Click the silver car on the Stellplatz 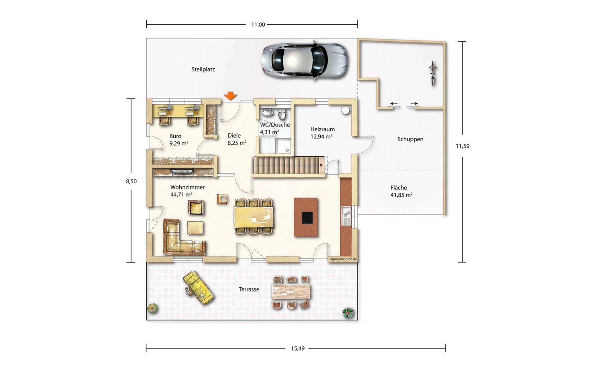304,60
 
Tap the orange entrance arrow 231,95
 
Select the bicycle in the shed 433,73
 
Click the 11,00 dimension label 258,24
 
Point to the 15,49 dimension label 297,348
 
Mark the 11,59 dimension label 462,146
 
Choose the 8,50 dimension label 131,181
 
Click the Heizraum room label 322,129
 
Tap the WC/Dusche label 275,125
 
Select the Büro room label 175,136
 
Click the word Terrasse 249,289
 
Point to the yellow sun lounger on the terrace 198,287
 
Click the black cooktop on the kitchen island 307,218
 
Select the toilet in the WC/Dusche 282,114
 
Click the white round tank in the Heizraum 345,110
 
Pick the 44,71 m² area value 181,194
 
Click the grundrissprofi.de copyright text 343,259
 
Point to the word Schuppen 410,139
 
